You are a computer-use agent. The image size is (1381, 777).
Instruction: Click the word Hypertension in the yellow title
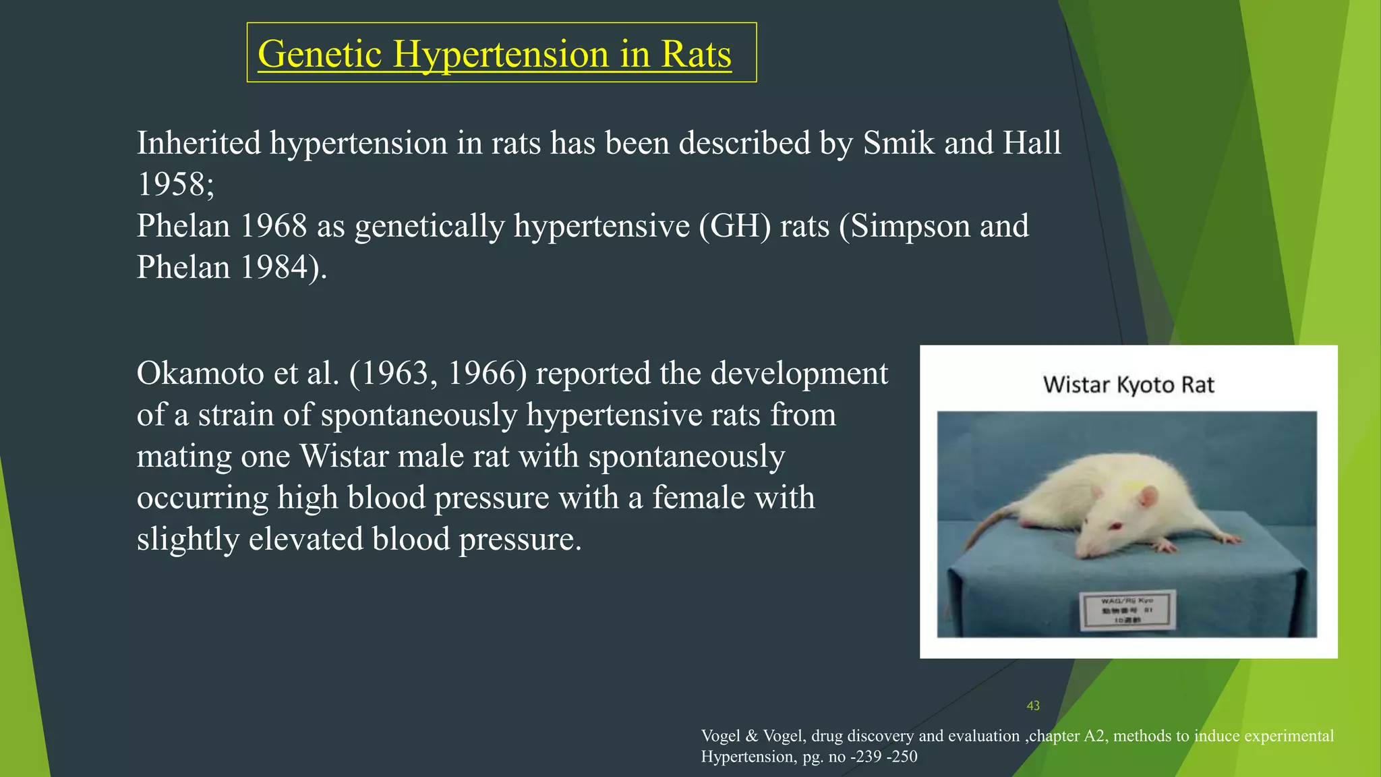(x=501, y=54)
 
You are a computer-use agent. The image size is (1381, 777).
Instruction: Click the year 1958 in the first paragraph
(x=171, y=184)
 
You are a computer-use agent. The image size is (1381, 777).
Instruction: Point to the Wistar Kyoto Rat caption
(x=1128, y=385)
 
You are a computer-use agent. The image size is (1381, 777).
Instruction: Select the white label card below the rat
(x=1127, y=610)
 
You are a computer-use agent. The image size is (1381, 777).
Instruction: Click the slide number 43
(x=1033, y=706)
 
